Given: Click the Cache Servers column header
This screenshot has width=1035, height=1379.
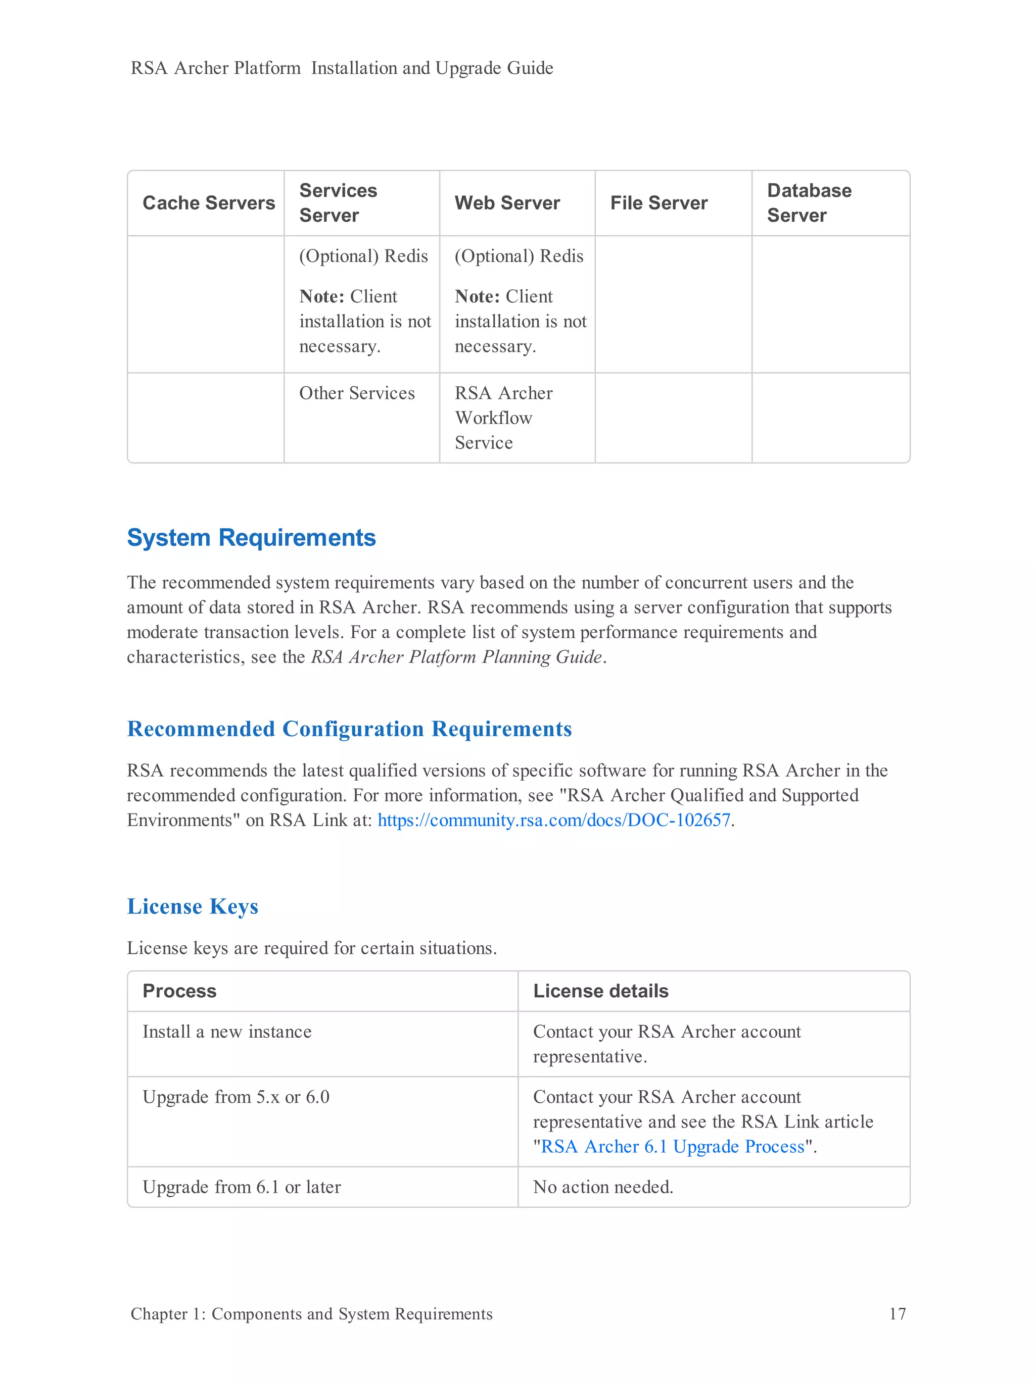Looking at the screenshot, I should (208, 203).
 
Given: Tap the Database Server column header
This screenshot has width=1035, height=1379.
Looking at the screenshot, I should (809, 203).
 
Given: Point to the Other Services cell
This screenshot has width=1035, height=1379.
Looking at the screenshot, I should (356, 393).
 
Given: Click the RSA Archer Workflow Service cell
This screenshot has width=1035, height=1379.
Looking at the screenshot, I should (503, 418).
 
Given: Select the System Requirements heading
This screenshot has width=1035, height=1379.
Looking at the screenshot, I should (251, 537).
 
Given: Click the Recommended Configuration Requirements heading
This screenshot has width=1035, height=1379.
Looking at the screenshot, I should (349, 729).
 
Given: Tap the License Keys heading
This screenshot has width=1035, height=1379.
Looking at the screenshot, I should (192, 906).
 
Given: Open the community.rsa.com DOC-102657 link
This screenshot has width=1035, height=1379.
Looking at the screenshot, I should (553, 821).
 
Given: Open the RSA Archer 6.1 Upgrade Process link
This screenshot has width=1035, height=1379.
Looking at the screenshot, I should (672, 1146).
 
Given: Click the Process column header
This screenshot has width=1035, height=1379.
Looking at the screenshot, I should (179, 991).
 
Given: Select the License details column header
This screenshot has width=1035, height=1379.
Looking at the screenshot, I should (600, 991).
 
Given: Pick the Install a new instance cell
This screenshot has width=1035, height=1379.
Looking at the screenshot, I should (226, 1032).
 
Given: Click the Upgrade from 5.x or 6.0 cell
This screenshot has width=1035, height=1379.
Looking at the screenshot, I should (236, 1097).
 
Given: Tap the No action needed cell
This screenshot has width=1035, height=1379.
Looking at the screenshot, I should (603, 1187).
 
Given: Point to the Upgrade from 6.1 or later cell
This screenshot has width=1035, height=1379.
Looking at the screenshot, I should (242, 1187).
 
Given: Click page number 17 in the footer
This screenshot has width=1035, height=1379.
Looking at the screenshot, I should (897, 1313).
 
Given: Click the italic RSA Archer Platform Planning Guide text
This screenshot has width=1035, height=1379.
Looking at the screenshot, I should (456, 657).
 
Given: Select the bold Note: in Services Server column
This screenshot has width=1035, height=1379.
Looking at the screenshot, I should (321, 297).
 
